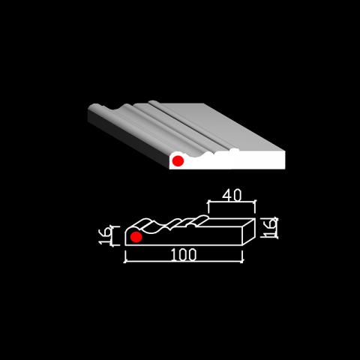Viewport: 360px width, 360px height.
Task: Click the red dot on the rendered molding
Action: tap(178, 160)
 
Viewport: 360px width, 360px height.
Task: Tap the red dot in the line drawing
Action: tap(136, 237)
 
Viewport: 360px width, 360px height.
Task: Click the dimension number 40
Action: tap(232, 195)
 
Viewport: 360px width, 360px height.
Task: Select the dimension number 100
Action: tap(184, 255)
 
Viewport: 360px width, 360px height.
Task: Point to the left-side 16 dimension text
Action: tap(104, 235)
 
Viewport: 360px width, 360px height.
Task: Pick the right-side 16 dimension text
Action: tap(267, 227)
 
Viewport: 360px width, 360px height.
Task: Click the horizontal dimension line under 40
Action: tap(232, 202)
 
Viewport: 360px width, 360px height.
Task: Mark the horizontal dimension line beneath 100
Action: tap(184, 262)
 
